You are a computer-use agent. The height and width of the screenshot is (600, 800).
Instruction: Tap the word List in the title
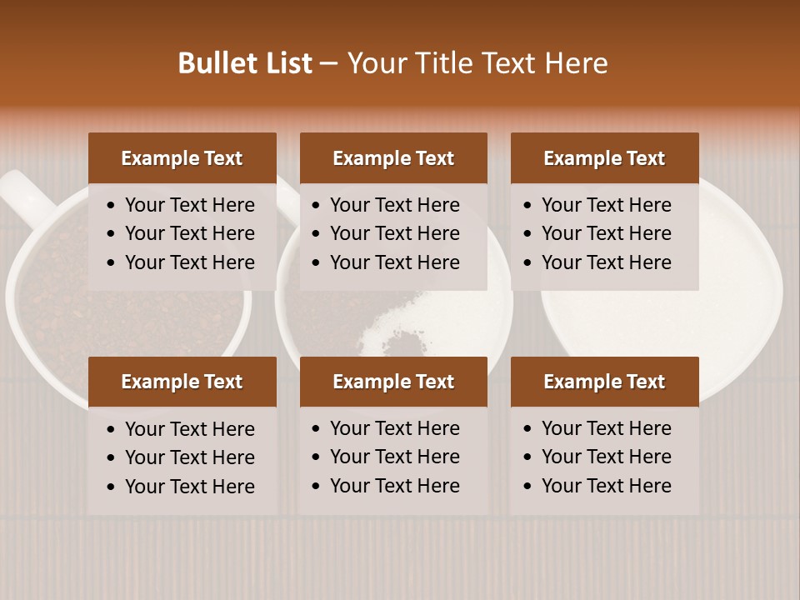pyautogui.click(x=287, y=63)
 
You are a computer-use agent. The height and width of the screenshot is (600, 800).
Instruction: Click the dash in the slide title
pyautogui.click(x=329, y=64)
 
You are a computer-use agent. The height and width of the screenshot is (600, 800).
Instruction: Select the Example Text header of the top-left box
pyautogui.click(x=182, y=158)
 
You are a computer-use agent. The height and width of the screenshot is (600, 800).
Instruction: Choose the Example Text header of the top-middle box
pyautogui.click(x=393, y=158)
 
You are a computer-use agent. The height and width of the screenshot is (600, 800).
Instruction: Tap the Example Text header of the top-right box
pyautogui.click(x=604, y=158)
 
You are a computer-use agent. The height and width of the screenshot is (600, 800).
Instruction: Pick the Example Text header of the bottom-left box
pyautogui.click(x=182, y=382)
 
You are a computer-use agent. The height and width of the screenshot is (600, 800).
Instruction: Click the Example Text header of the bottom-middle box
pyautogui.click(x=393, y=382)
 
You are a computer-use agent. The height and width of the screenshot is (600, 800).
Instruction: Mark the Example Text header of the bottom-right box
pyautogui.click(x=604, y=382)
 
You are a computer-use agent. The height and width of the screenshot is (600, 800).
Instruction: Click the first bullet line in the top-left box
pyautogui.click(x=190, y=205)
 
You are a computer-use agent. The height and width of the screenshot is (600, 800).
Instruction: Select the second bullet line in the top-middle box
pyautogui.click(x=395, y=233)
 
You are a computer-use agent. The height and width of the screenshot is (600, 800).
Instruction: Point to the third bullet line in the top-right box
pyautogui.click(x=607, y=262)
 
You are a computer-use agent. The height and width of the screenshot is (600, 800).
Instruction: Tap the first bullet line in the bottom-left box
pyautogui.click(x=190, y=429)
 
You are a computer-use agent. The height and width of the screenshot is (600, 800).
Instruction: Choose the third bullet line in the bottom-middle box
pyautogui.click(x=395, y=486)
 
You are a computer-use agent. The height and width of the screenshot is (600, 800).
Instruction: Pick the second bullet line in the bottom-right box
pyautogui.click(x=607, y=457)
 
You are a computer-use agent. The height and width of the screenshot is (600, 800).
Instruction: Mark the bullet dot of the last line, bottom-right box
pyautogui.click(x=527, y=486)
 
